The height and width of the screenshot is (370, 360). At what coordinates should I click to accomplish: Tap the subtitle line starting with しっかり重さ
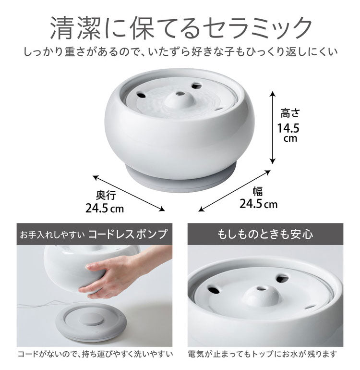pos(180,50)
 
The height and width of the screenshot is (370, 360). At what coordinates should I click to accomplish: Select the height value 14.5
pos(288,128)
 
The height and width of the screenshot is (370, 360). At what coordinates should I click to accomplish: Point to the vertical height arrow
pos(272,127)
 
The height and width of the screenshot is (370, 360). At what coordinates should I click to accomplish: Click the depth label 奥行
pos(105,196)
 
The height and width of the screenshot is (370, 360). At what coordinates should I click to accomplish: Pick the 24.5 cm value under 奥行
pos(104,209)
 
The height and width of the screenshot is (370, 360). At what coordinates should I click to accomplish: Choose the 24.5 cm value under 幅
pos(258,204)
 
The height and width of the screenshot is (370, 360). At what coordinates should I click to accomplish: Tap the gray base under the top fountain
pos(180,179)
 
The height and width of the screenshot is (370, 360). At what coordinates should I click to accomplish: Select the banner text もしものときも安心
pos(265,234)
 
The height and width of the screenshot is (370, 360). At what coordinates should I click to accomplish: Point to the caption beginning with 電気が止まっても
pos(263,356)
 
